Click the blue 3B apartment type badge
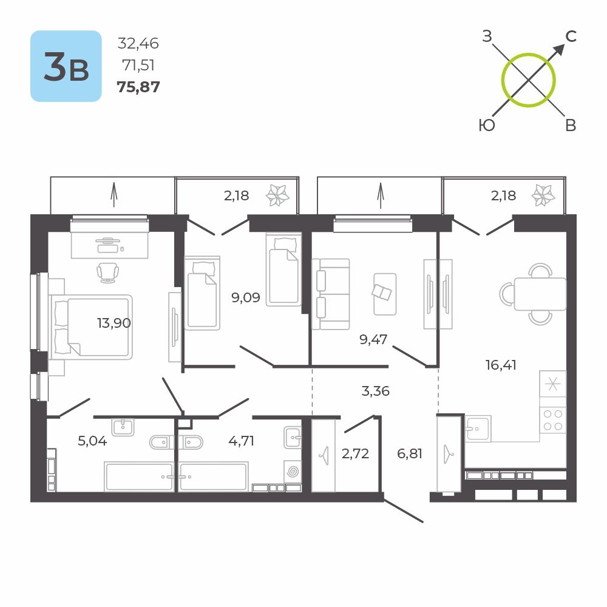coord(66,66)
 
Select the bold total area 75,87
coord(138,87)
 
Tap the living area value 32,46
coord(138,43)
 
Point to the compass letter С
coord(570,36)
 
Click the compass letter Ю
coord(486,125)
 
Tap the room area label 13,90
coord(114,323)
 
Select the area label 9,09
coord(246,297)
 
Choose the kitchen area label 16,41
coord(500,365)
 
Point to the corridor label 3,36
coord(375,392)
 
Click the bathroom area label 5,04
coord(92,441)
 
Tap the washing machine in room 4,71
coord(292,471)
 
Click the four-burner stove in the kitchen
coord(552,419)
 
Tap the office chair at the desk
coord(108,272)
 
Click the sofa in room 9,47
coord(330,294)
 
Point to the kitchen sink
coord(478,428)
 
